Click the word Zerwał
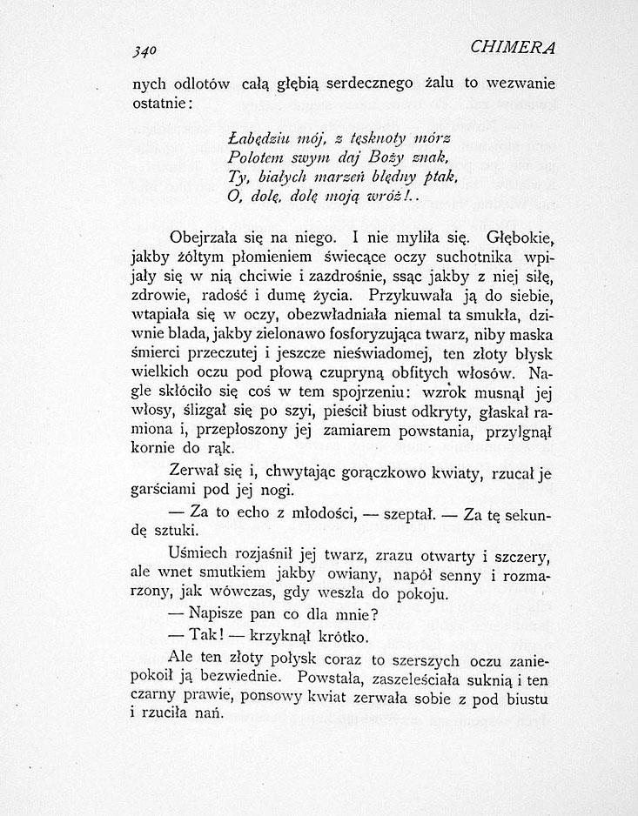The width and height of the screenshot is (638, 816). [x=199, y=472]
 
